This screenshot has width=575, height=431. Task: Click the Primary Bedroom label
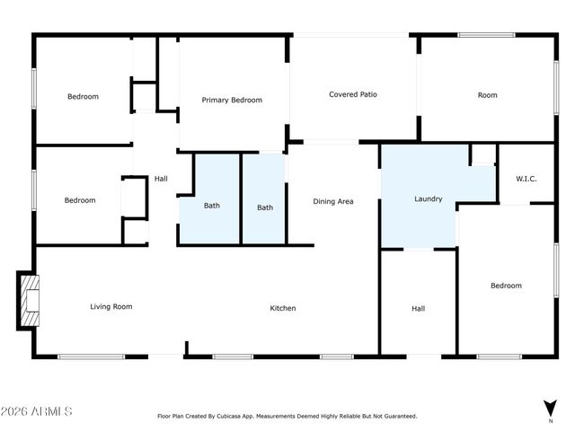(x=232, y=100)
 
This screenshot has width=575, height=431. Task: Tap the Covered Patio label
(x=352, y=94)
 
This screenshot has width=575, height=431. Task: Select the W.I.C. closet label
(x=526, y=179)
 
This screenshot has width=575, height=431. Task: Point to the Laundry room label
(x=428, y=198)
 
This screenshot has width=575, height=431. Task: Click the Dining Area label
(x=332, y=201)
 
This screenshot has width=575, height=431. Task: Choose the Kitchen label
(x=283, y=308)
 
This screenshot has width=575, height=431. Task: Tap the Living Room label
(x=111, y=306)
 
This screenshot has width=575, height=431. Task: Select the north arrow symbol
(x=550, y=409)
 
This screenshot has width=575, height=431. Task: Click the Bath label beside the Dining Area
(x=265, y=207)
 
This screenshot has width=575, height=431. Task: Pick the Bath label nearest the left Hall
(x=211, y=206)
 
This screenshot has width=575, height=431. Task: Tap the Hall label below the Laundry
(x=418, y=308)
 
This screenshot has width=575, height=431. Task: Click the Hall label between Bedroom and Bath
(x=161, y=179)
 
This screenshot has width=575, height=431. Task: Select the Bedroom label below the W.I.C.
(x=506, y=286)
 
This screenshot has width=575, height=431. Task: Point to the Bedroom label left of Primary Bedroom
(x=84, y=96)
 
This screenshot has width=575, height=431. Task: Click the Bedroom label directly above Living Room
(x=80, y=200)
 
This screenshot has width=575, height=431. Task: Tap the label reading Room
(x=487, y=94)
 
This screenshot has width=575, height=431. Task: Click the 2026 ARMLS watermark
(x=37, y=411)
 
